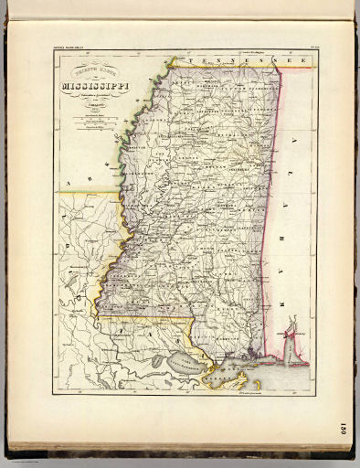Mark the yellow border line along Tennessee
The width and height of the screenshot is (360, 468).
(x=228, y=66)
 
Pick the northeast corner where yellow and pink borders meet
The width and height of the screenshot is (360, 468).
(x=279, y=67)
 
